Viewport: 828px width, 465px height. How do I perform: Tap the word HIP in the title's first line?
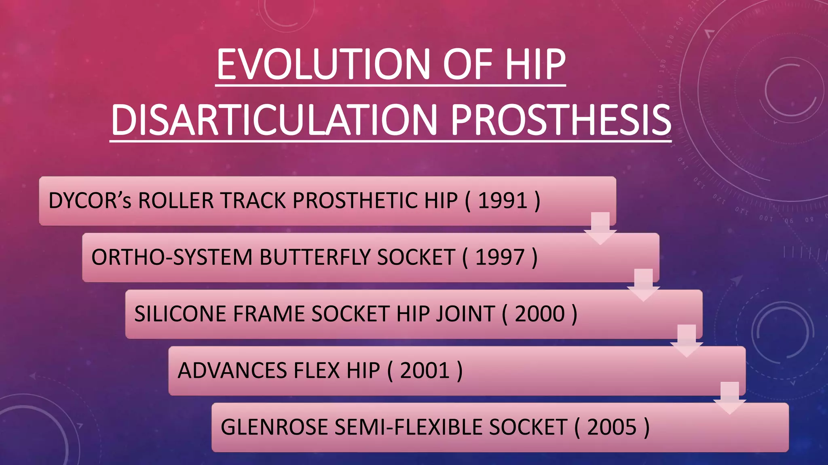click(534, 65)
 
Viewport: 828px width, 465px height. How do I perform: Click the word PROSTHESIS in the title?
click(561, 120)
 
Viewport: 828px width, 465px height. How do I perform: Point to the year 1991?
click(503, 201)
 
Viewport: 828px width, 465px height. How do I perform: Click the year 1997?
click(500, 258)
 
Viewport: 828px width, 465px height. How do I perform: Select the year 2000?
click(539, 314)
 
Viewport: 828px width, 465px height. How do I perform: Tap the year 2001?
click(425, 371)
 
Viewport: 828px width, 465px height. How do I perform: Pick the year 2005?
click(612, 427)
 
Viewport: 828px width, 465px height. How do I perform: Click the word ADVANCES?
click(232, 371)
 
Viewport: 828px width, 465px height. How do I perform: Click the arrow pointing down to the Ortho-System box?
click(600, 228)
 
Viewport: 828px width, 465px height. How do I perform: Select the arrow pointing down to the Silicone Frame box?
click(643, 285)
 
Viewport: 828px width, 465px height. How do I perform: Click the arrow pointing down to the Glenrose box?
click(729, 398)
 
